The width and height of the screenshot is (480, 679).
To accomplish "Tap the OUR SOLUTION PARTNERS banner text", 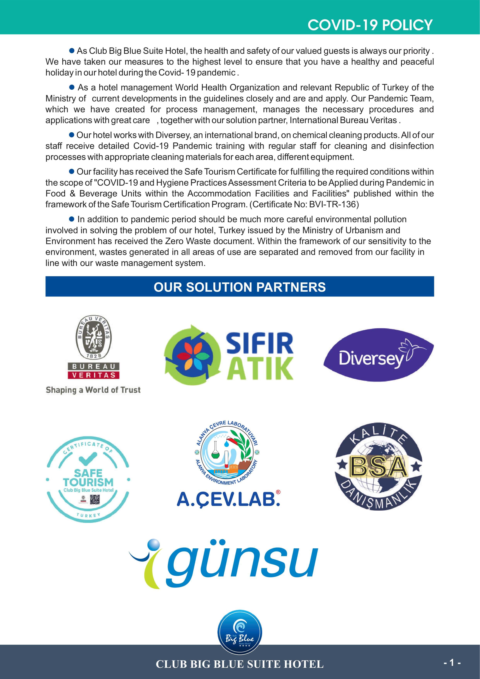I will click(239, 287).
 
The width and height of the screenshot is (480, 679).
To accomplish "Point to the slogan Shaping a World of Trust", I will click(93, 390).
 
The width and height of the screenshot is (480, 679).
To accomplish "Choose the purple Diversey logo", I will click(378, 355).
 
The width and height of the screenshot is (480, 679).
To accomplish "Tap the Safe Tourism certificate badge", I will click(88, 479).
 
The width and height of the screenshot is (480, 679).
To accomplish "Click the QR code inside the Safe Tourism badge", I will click(95, 500).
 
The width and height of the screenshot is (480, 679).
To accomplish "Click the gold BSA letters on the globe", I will click(378, 467).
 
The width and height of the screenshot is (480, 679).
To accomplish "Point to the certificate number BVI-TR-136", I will click(333, 204).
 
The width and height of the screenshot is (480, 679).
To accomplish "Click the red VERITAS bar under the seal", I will click(93, 375).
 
